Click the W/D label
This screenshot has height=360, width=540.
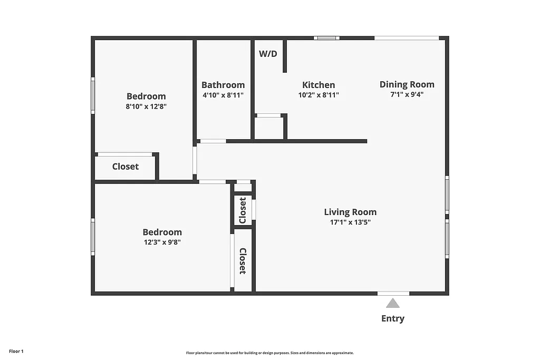click(x=268, y=54)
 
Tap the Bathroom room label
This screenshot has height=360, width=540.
click(x=223, y=85)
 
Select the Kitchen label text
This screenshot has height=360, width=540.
click(x=319, y=85)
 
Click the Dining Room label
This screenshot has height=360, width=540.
click(x=407, y=84)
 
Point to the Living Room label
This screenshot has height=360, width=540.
click(x=350, y=212)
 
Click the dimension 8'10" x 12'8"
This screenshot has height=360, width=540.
click(x=146, y=106)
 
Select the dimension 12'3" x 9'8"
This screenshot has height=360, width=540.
click(x=162, y=242)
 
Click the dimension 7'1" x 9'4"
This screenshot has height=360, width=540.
click(x=407, y=95)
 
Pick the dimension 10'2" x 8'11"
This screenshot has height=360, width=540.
click(x=318, y=95)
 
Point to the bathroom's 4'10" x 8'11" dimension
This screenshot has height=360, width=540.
click(x=223, y=95)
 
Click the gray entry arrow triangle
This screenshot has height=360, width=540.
click(x=392, y=303)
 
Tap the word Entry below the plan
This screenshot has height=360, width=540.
click(x=393, y=318)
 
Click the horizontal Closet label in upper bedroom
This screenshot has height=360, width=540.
click(x=126, y=167)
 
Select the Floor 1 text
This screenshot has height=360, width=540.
click(x=16, y=351)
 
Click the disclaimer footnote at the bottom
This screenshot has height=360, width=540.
click(x=269, y=353)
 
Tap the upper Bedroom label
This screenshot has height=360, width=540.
click(x=146, y=96)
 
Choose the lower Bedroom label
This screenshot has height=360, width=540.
click(x=162, y=232)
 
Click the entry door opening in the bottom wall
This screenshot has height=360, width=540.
click(x=393, y=293)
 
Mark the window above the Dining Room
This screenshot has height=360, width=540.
click(x=407, y=38)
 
